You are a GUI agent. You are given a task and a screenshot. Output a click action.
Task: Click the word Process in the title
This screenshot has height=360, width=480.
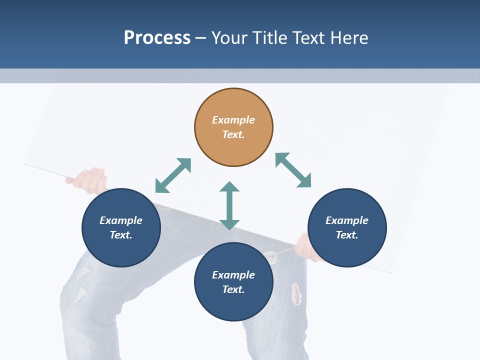[157, 37]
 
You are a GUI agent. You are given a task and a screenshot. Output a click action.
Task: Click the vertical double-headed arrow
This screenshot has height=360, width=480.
[229, 205]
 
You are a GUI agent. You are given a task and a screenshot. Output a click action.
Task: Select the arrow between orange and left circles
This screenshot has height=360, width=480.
[173, 175]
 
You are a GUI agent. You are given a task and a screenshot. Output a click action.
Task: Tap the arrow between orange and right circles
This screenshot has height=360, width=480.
[293, 170]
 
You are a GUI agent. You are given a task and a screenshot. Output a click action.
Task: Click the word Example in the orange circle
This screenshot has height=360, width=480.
[233, 120]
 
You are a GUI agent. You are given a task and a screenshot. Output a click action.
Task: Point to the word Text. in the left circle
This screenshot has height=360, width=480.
[121, 235]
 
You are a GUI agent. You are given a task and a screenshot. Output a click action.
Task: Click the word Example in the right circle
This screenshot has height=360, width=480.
[347, 220]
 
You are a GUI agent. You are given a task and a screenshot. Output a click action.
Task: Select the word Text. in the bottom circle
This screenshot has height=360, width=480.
[233, 289]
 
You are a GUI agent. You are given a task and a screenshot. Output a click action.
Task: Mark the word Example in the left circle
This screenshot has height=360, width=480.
[121, 220]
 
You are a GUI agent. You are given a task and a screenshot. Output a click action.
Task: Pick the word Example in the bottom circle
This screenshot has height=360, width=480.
[233, 275]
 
